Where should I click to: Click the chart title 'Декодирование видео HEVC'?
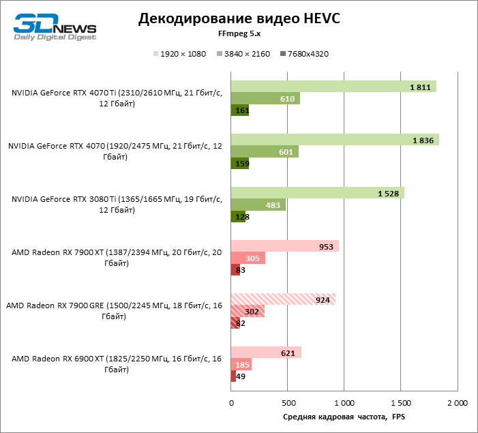coord(239,18)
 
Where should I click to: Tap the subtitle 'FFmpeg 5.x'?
coord(239,33)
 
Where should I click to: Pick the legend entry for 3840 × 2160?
coord(243,54)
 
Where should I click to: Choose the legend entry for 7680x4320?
coord(303,54)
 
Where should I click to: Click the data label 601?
coord(286,152)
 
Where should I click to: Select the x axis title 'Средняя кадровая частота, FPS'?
coord(344,417)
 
